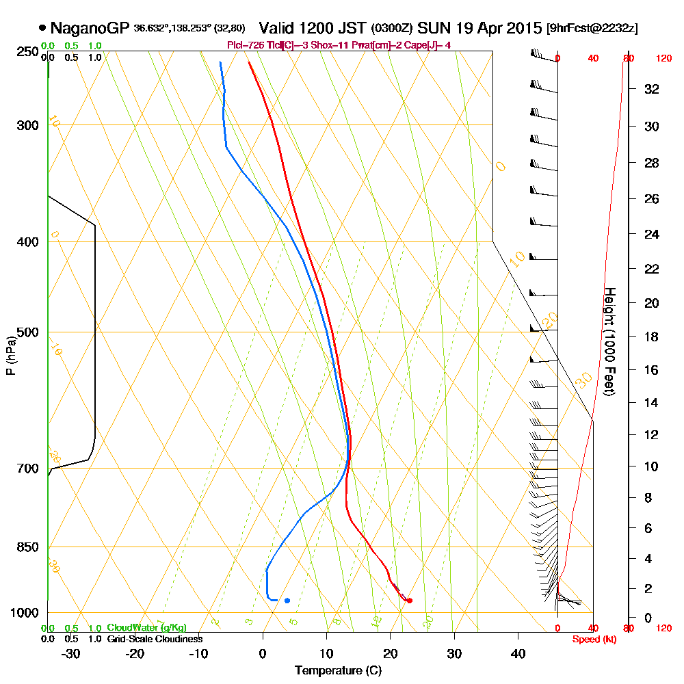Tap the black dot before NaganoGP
coord(42,29)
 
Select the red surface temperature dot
coord(409,601)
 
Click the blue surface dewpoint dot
coord(287,601)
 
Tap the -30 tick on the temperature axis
coord(70,654)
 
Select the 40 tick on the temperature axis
coord(518,654)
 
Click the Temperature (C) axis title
coord(338,671)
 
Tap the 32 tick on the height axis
coord(652,89)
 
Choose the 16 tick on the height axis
coord(652,370)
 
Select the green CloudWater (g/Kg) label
coord(146,628)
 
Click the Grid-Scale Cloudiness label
coord(155,639)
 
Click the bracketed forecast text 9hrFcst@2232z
coord(592,29)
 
